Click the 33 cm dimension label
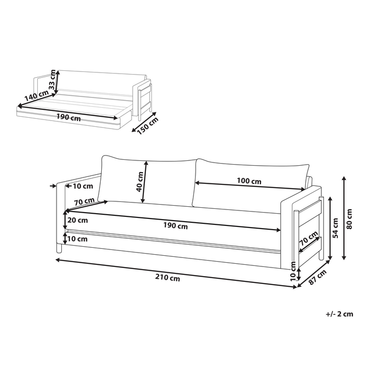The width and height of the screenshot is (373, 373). (52, 79)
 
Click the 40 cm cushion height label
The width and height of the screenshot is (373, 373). (139, 181)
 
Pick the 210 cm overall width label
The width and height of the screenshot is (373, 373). (167, 278)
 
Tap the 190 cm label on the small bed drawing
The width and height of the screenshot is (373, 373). (70, 117)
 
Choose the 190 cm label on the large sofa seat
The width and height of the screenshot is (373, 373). (175, 225)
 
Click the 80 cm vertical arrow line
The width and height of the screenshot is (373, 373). (344, 218)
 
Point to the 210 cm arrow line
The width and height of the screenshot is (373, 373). (176, 272)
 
